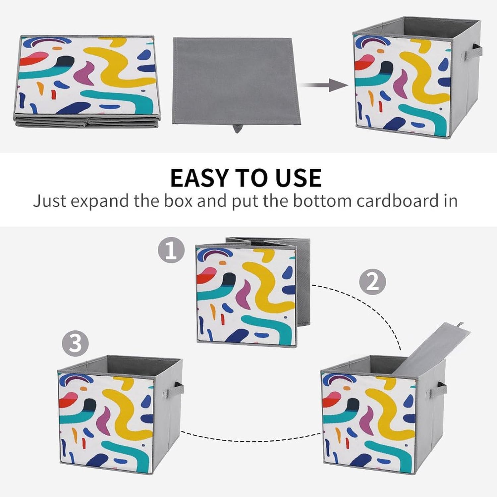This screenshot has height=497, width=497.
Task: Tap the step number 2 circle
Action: tap(373, 282)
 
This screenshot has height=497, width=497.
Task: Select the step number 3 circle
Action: tap(75, 343)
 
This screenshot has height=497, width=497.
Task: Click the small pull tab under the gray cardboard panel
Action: tap(237, 128)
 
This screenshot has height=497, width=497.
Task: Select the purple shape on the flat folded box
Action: tap(86, 77)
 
